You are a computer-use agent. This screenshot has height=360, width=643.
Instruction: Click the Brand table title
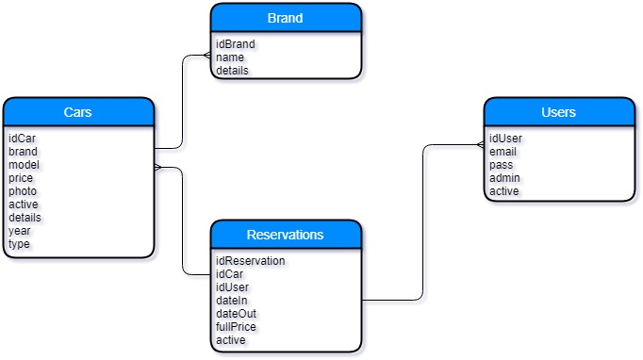pos(285,18)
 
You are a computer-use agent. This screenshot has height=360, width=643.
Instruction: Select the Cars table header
pos(77,112)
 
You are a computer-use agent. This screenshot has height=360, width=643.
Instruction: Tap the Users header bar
pos(558,112)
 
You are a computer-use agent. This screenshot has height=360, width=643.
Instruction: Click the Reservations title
pos(285,235)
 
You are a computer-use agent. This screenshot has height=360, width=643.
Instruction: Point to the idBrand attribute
pos(235,44)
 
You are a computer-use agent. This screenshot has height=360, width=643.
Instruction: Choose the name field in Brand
pos(229,57)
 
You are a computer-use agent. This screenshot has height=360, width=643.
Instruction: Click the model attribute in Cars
pos(24,165)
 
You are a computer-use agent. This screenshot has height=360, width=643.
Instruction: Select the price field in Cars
pos(21,178)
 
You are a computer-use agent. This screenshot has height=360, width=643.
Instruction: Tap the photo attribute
pos(23,191)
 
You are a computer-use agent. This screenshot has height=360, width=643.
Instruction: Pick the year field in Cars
pos(20,231)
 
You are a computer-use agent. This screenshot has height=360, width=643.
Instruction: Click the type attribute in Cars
pos(19,244)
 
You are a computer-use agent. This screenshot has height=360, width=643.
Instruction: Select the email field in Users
pos(503,152)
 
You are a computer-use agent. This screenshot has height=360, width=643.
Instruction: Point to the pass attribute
pos(501,165)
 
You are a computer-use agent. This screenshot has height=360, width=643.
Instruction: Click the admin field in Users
pos(504,178)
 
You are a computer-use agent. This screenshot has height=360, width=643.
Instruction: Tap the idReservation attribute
pos(250,261)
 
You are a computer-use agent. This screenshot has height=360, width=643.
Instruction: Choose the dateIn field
pos(231,301)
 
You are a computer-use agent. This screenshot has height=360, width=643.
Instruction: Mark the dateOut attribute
pos(236,314)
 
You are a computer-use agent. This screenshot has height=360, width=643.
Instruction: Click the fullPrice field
pos(236,327)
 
